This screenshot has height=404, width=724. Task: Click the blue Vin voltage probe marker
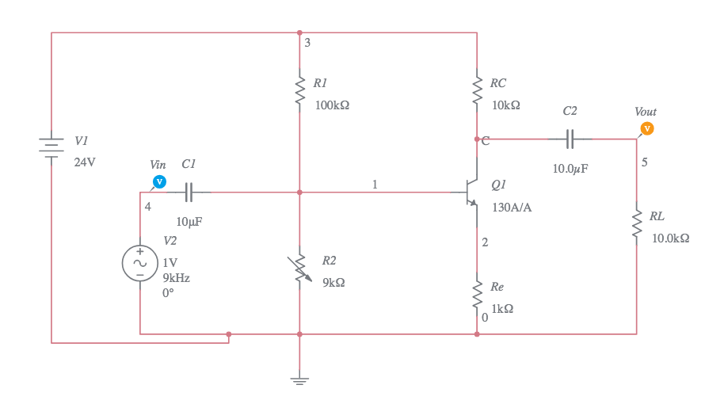[158, 182]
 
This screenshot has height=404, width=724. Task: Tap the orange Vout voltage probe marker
[647, 128]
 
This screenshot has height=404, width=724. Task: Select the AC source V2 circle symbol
[139, 263]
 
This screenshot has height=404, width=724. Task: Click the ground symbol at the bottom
[299, 379]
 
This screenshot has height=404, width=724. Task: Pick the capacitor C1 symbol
[189, 192]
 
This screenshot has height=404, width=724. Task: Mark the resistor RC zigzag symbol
[477, 90]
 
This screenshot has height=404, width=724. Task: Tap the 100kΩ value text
[332, 105]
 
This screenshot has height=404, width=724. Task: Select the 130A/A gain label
[512, 208]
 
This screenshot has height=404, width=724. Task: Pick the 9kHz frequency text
[176, 278]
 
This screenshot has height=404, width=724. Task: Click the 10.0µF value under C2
[570, 169]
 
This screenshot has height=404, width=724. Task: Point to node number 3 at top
[307, 43]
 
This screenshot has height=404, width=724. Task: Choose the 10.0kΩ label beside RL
[670, 238]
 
